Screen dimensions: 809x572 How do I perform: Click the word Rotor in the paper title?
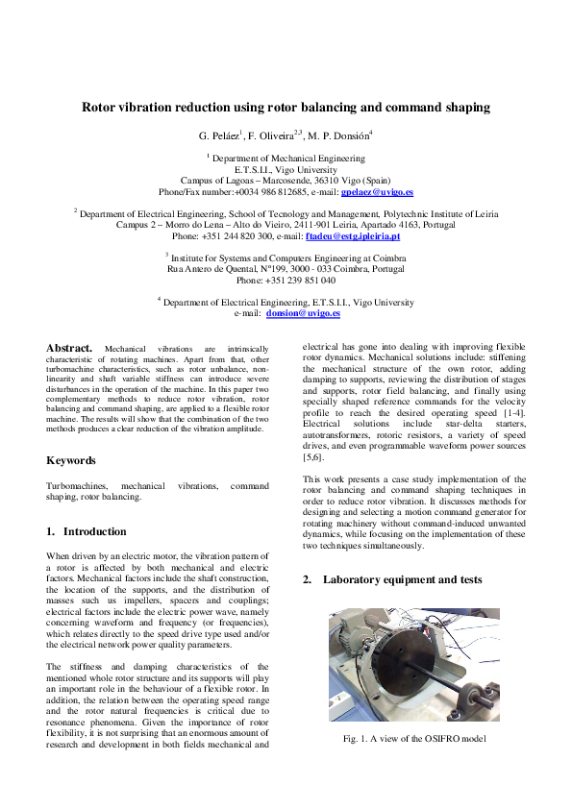101,108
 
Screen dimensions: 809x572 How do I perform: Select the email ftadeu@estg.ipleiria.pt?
352,235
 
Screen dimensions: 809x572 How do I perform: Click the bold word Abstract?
69,347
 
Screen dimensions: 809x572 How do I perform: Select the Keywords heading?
71,460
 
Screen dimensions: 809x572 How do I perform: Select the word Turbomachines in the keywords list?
78,486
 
